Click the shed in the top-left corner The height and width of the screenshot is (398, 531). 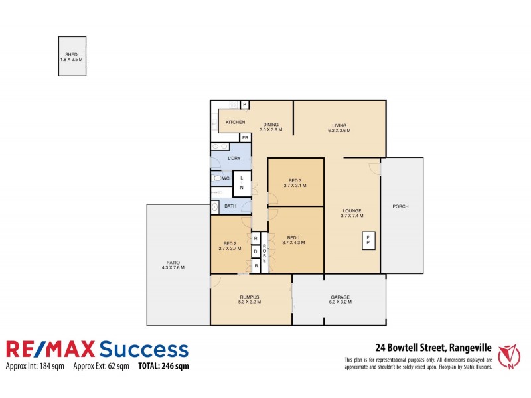tap(72, 59)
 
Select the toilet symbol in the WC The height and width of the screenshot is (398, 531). tap(216, 179)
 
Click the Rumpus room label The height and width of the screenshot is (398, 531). tap(250, 297)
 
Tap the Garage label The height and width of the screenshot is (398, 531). tap(340, 297)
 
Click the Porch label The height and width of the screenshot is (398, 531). tap(400, 206)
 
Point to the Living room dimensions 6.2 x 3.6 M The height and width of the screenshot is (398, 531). tap(339, 131)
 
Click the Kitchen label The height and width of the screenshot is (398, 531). tap(236, 123)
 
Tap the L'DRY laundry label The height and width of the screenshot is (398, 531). tap(234, 159)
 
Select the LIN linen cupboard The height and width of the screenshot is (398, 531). tap(242, 183)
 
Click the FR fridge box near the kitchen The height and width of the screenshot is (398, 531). tap(245, 137)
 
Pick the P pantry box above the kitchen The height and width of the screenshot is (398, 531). tap(244, 105)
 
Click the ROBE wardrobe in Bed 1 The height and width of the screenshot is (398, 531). tap(264, 252)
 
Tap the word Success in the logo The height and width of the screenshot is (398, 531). tap(143, 350)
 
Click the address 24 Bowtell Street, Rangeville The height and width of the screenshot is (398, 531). tap(432, 346)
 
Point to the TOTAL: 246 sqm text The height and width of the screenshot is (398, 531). tap(163, 366)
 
